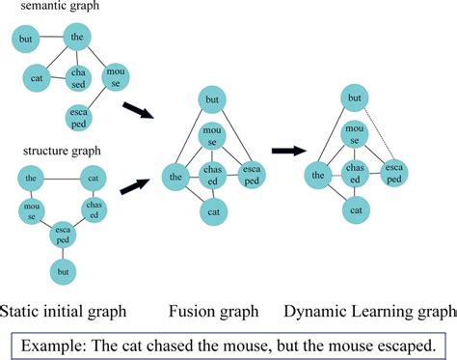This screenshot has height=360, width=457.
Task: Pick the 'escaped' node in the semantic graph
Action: [80, 118]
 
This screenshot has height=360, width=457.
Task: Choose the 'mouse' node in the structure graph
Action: [32, 210]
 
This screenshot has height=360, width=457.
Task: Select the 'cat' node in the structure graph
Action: [94, 179]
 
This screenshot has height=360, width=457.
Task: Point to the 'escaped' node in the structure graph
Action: [64, 234]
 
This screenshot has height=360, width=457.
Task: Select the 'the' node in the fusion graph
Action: [176, 176]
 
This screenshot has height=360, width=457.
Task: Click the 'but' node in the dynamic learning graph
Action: [355, 98]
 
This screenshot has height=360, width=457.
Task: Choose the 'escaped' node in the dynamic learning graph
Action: [393, 174]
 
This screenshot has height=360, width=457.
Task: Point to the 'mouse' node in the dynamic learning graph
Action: [355, 135]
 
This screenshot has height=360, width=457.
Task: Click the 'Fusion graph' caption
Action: [213, 311]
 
